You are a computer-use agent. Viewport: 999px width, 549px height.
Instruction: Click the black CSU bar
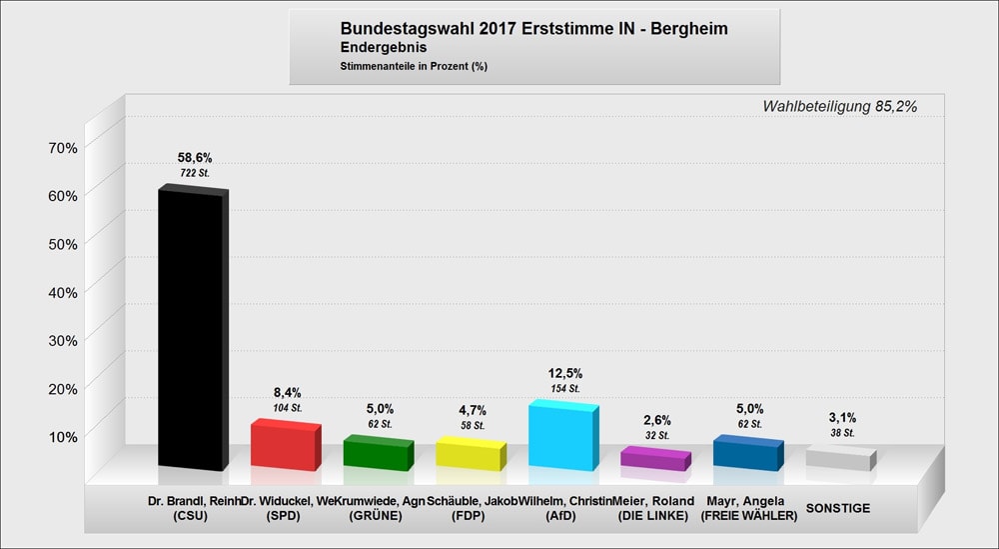pyautogui.click(x=190, y=330)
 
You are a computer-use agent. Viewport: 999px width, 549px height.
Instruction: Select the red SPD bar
pyautogui.click(x=284, y=447)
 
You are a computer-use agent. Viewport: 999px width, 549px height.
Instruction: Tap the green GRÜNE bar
pyautogui.click(x=376, y=455)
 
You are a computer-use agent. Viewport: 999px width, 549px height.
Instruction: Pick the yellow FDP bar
pyautogui.click(x=469, y=456)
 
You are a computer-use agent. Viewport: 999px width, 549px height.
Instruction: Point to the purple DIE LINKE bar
pyautogui.click(x=654, y=460)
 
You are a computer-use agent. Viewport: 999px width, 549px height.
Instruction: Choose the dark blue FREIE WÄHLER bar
pyautogui.click(x=746, y=455)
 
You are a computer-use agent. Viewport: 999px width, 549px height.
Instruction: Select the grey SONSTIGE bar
pyautogui.click(x=839, y=460)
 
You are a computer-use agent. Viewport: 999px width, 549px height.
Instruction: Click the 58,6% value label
pyautogui.click(x=195, y=158)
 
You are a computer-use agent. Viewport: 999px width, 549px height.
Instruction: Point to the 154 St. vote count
pyautogui.click(x=565, y=388)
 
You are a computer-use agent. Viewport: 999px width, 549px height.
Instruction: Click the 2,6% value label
pyautogui.click(x=657, y=420)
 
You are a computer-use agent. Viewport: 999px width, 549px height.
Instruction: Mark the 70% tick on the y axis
pyautogui.click(x=63, y=148)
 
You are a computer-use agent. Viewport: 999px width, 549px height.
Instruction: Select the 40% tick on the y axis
pyautogui.click(x=63, y=292)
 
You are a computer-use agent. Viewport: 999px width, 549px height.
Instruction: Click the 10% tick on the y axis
pyautogui.click(x=63, y=436)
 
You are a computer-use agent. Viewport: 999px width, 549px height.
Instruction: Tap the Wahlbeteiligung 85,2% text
pyautogui.click(x=839, y=106)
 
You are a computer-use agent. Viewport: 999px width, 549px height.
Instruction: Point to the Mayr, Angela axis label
pyautogui.click(x=748, y=501)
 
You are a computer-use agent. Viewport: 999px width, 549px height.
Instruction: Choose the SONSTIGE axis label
pyautogui.click(x=837, y=508)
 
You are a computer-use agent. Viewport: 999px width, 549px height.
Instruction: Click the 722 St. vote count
pyautogui.click(x=195, y=174)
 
